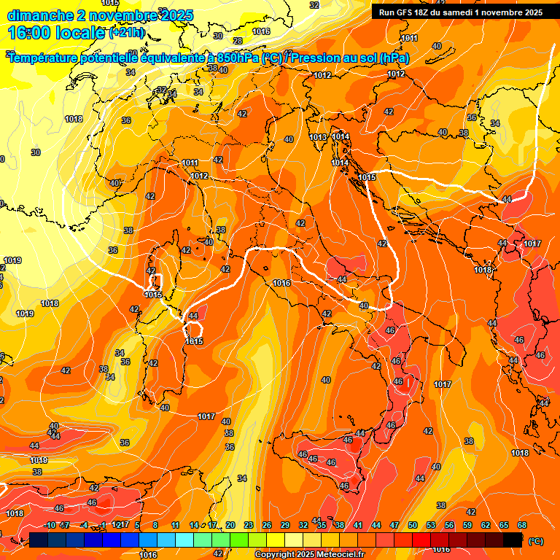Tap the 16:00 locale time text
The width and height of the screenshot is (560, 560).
point(55,32)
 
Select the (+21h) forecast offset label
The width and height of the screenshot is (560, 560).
point(127,33)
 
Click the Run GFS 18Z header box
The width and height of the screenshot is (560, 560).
point(461,12)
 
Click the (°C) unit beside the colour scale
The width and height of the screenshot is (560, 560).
point(536,540)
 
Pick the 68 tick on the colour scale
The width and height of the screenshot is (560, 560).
point(522,525)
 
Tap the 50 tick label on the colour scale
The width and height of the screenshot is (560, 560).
point(413,525)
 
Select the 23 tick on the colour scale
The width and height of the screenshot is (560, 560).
point(248,525)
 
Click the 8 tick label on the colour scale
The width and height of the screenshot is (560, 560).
point(156,525)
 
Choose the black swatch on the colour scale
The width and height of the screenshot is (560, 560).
point(513,540)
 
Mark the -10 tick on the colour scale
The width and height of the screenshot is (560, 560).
point(49,525)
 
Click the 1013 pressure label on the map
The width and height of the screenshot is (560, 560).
point(317,137)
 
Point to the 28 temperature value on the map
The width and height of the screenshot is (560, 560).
point(238,41)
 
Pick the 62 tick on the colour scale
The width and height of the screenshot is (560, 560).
point(486,525)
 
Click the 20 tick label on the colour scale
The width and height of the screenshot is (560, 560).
point(230,525)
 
